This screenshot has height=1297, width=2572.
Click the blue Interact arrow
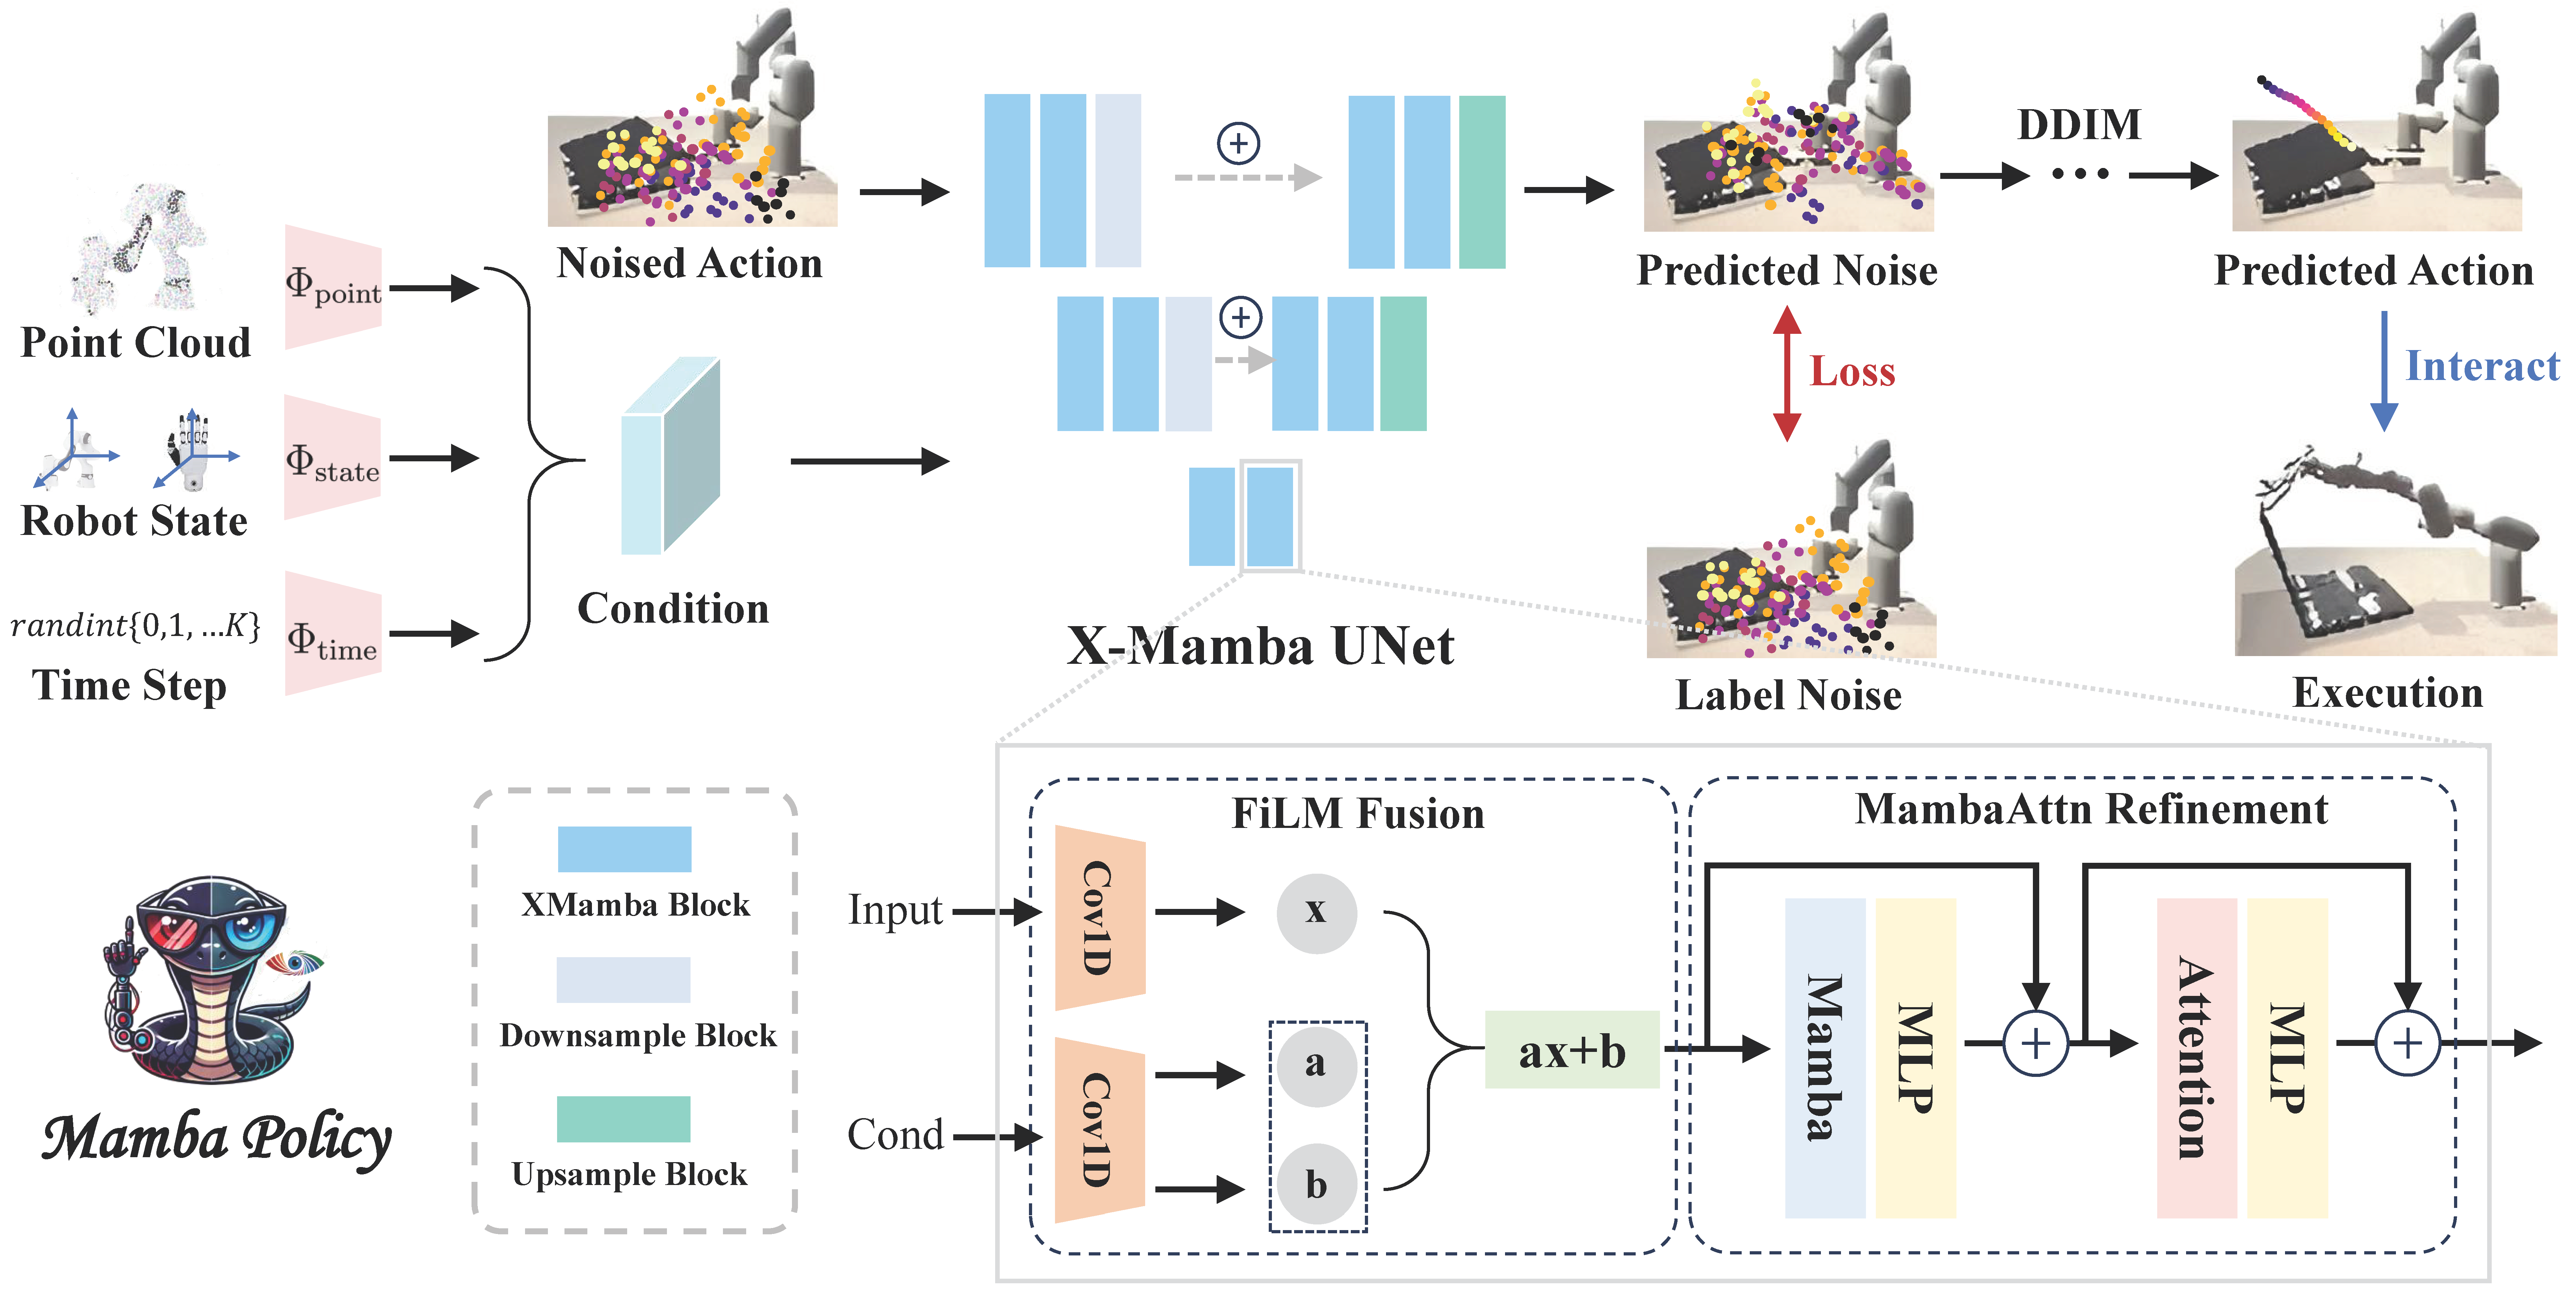coord(2384,369)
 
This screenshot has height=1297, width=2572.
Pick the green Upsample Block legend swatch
coord(623,1118)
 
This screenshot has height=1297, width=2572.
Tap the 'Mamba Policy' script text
coord(217,1138)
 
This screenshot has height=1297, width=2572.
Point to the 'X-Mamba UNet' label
coord(1260,646)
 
